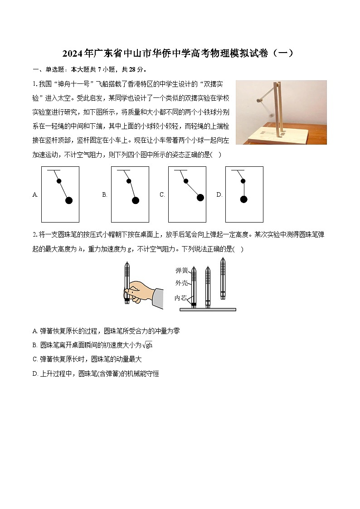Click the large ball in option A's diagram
[69, 200]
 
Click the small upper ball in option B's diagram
[129, 181]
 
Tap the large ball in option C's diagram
[200, 197]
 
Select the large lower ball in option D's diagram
[243, 199]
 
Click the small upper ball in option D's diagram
[243, 181]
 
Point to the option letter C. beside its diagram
[162, 195]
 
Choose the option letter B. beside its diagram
[105, 195]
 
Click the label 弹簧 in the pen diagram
[181, 271]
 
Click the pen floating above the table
[223, 277]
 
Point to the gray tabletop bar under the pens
[208, 310]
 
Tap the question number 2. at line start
[35, 234]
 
